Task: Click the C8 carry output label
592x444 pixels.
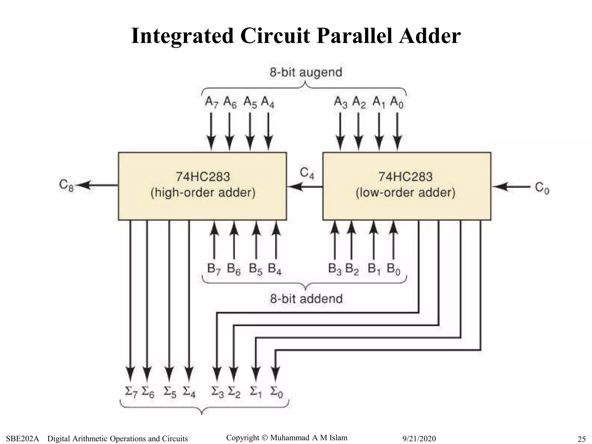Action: click(66, 185)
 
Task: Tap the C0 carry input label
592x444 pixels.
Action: click(542, 188)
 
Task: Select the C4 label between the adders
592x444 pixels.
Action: click(307, 173)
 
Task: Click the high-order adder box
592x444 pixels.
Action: click(202, 186)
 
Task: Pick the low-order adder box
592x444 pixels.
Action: click(406, 186)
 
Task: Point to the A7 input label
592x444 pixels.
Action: click(211, 102)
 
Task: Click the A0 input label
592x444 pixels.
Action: click(396, 102)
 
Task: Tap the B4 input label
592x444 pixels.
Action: click(274, 269)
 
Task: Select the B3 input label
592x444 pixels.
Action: click(334, 269)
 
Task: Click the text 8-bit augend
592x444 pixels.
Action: click(306, 72)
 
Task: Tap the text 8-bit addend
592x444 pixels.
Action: click(306, 299)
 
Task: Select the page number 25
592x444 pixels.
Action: click(581, 439)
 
